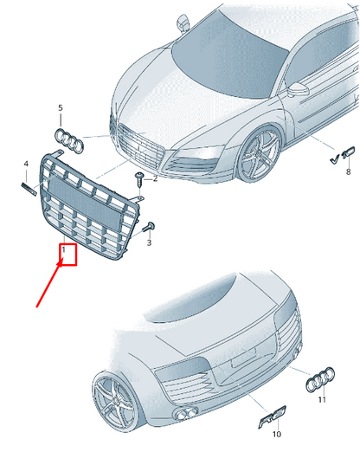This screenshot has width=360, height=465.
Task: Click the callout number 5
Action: (x=61, y=107)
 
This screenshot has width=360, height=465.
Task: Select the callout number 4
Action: (x=26, y=164)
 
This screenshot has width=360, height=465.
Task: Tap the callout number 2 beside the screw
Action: (x=155, y=178)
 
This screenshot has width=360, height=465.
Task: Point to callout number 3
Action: (x=149, y=242)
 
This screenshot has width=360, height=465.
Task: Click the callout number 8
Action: (x=348, y=171)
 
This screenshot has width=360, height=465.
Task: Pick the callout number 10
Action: (x=276, y=434)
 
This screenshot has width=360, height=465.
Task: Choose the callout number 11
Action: (x=322, y=399)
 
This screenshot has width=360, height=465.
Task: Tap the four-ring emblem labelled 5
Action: (x=69, y=141)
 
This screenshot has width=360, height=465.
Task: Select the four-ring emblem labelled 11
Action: (x=320, y=379)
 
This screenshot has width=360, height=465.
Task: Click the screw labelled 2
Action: (x=139, y=179)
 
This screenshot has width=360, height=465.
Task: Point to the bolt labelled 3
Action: (x=149, y=227)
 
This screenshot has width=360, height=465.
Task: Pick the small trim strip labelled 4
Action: (x=29, y=189)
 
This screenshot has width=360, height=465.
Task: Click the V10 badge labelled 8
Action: (x=343, y=155)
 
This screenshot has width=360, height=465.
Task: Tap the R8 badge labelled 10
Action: (x=273, y=417)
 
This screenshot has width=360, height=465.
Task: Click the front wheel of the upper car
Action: (x=259, y=154)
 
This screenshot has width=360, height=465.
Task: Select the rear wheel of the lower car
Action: (x=114, y=400)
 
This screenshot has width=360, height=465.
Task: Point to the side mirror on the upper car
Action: (x=298, y=89)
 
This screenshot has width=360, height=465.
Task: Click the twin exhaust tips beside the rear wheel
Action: (x=186, y=414)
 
